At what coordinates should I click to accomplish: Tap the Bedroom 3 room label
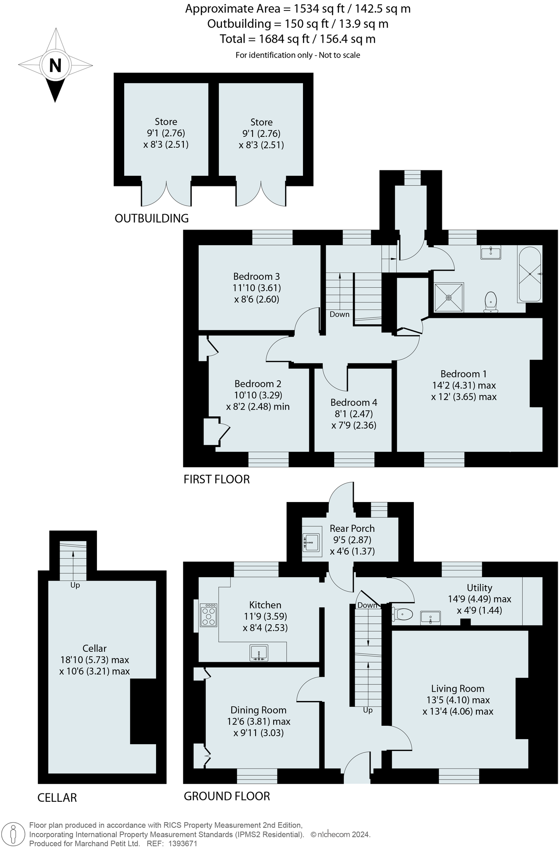click(256, 276)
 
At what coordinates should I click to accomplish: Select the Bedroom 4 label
click(354, 403)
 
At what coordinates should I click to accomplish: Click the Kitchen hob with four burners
click(209, 615)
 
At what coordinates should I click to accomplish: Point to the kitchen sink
click(259, 652)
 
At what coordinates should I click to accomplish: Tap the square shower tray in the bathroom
click(449, 298)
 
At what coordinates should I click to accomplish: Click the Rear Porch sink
click(311, 542)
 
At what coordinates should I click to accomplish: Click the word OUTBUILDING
click(152, 218)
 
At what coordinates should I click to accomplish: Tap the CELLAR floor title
click(57, 798)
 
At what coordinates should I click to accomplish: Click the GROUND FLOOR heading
click(227, 796)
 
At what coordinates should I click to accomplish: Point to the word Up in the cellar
click(75, 585)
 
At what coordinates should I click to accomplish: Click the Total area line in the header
click(298, 39)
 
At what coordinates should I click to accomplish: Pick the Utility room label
click(479, 588)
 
